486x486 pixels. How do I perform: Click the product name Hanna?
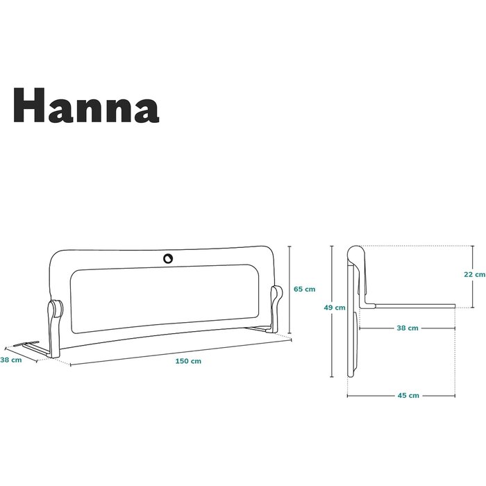[86, 105]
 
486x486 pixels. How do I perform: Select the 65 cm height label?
[304, 290]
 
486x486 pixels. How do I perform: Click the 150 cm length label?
[188, 361]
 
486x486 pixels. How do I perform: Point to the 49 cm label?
[335, 308]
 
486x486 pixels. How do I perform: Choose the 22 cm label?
[474, 274]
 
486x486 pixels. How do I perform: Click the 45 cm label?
[408, 396]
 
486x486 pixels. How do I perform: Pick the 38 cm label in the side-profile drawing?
[408, 328]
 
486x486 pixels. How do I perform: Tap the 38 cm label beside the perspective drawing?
[11, 360]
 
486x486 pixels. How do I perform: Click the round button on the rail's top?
[168, 258]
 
